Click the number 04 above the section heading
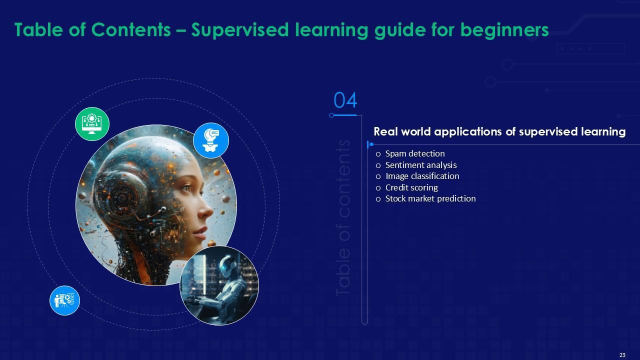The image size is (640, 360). click(345, 100)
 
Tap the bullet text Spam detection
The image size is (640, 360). click(415, 153)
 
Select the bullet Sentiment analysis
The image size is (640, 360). click(421, 165)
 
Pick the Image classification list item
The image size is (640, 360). click(422, 176)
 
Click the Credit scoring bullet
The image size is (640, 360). click(411, 187)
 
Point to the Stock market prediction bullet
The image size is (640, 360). click(430, 198)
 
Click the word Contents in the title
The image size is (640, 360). click(131, 29)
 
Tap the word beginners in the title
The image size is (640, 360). click(504, 30)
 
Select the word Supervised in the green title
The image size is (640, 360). click(240, 29)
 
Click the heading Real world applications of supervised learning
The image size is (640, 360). click(499, 131)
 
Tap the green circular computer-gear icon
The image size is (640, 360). click(92, 124)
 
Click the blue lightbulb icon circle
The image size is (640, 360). click(211, 140)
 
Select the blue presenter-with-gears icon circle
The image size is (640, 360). click(64, 300)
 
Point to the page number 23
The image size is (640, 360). click(622, 355)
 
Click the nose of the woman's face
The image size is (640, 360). click(207, 211)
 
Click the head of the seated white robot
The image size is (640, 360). click(227, 264)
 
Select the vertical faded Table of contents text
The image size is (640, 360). click(343, 217)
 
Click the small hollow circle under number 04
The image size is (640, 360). click(331, 115)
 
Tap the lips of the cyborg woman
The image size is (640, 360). click(200, 232)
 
